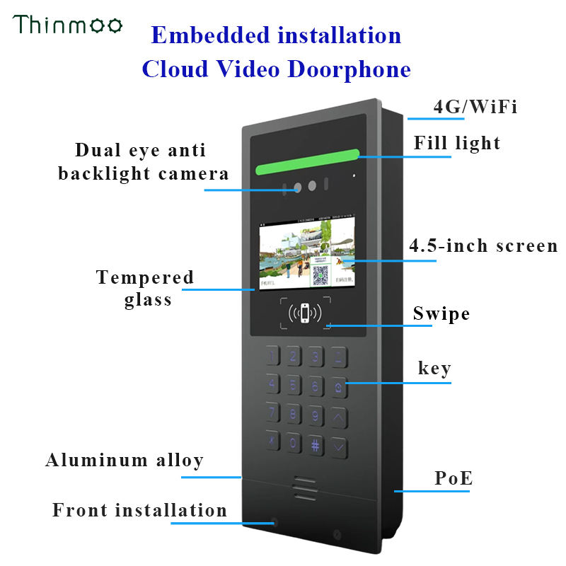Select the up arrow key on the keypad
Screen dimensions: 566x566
click(x=339, y=417)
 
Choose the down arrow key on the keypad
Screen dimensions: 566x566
click(x=340, y=446)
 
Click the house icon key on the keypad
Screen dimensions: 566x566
click(x=340, y=388)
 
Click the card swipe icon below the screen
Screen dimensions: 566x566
click(x=304, y=312)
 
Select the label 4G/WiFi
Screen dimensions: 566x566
click(x=475, y=107)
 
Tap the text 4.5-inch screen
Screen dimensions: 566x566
click(x=484, y=246)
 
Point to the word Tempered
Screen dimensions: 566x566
click(x=145, y=277)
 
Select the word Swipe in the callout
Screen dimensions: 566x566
click(x=441, y=313)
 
